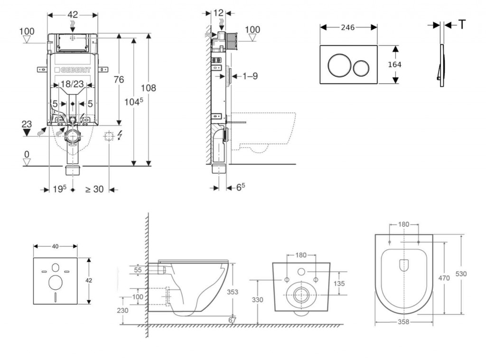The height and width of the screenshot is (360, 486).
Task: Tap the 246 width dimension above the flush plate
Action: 348,27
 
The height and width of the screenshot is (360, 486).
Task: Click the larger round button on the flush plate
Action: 339,65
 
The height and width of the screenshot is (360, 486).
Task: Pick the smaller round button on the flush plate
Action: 363,68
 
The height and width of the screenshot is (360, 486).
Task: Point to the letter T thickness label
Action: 462,25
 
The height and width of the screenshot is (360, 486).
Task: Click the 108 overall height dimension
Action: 149,88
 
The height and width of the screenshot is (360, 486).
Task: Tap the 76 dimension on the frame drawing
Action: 118,79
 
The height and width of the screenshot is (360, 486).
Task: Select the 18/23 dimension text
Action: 73,84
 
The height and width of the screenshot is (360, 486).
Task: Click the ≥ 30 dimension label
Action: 94,189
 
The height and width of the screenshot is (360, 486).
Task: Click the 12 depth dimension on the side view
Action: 218,13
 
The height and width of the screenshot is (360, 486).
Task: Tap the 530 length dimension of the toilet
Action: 461,274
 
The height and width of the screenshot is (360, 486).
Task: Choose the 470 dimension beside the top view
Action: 444,278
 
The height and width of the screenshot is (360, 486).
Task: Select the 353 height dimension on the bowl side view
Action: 232,292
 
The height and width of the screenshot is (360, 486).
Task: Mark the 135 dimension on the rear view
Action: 338,284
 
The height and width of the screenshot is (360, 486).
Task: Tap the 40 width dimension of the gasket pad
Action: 55,246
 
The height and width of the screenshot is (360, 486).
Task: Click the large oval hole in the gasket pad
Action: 55,282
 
